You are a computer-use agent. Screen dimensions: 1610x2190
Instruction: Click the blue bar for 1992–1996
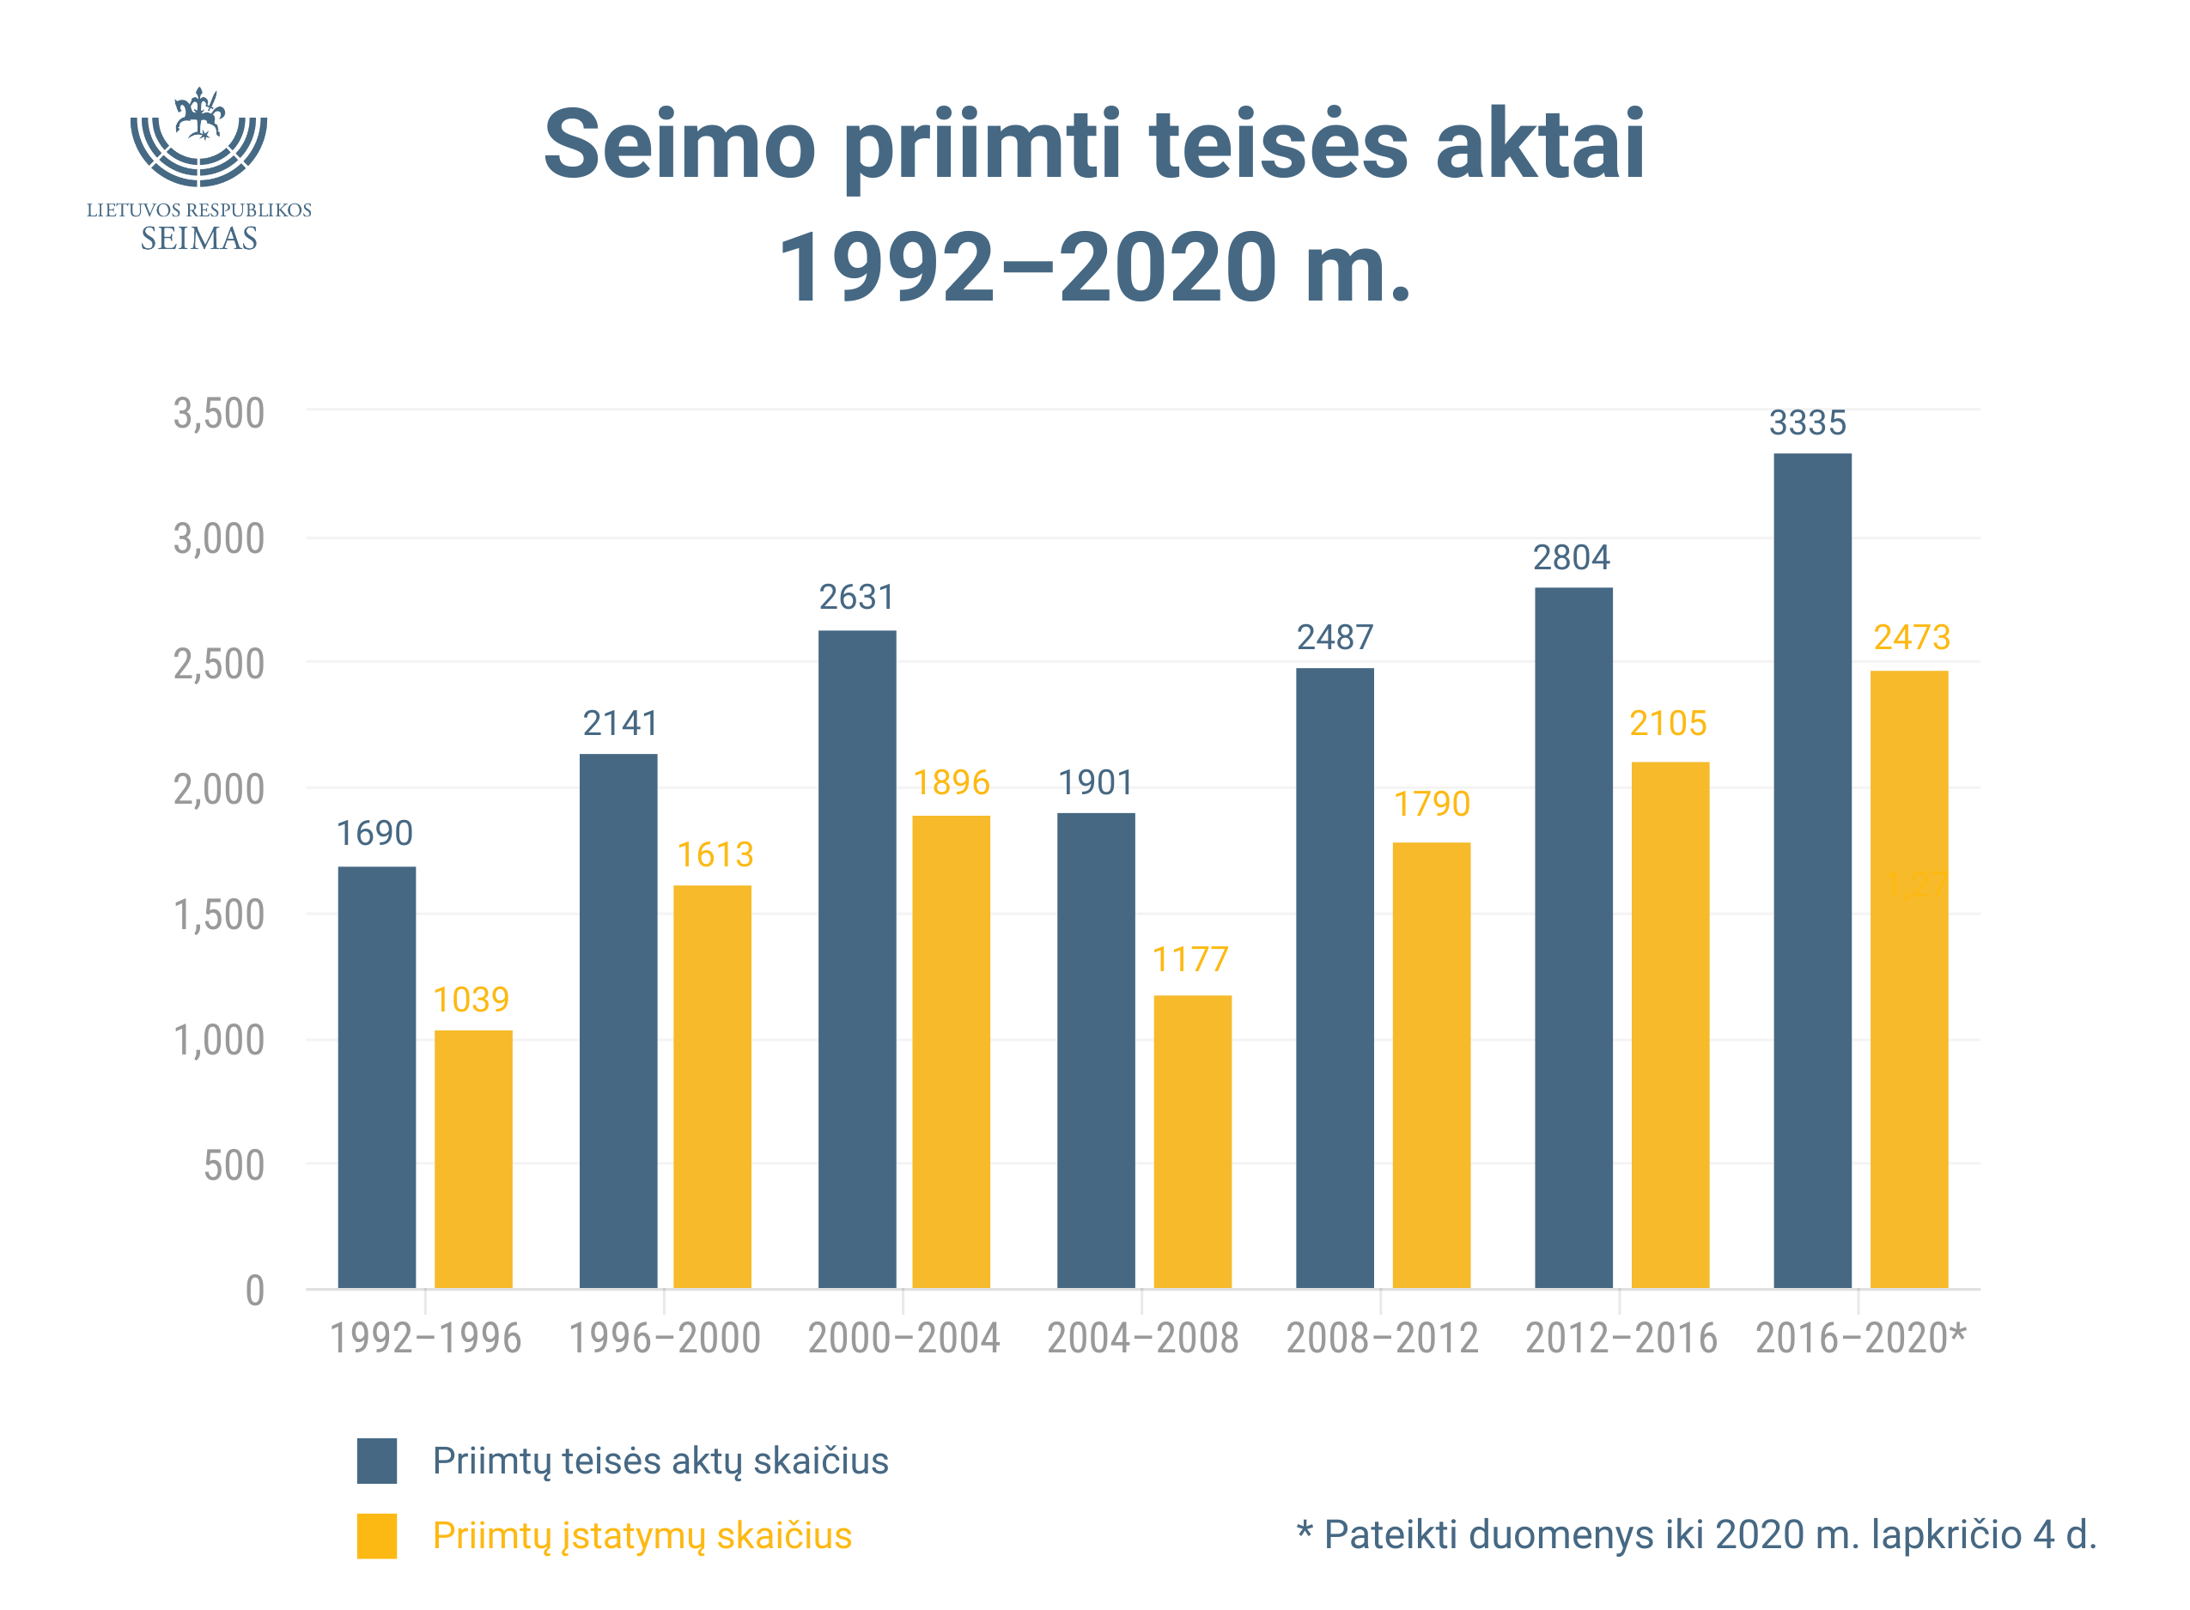click(x=376, y=1077)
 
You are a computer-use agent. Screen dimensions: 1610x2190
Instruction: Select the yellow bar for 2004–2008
click(x=1192, y=1141)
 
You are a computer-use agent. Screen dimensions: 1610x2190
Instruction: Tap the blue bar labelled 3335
click(x=1811, y=871)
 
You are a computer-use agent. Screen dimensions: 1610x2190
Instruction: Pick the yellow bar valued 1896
click(x=950, y=1052)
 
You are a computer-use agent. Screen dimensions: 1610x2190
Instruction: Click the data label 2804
click(x=1571, y=557)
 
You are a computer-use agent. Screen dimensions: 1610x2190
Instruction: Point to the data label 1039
click(x=471, y=999)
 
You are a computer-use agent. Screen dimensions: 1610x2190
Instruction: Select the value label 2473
click(x=1911, y=637)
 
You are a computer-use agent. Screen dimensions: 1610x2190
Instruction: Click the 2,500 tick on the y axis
click(x=218, y=665)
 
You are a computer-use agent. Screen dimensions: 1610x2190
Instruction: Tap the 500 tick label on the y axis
click(x=233, y=1165)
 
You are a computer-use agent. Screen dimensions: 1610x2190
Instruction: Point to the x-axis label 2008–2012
click(x=1382, y=1339)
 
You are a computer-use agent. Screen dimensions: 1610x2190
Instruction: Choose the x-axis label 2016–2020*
click(x=1859, y=1339)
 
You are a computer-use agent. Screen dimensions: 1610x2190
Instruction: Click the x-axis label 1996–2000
click(x=664, y=1339)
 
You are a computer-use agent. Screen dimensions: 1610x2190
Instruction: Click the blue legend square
click(x=376, y=1461)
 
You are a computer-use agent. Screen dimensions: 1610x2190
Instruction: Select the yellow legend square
click(x=376, y=1536)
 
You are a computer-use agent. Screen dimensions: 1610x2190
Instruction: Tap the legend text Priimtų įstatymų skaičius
click(x=642, y=1536)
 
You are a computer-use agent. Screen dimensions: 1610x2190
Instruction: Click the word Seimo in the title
click(x=679, y=145)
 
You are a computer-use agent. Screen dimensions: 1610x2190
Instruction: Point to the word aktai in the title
click(x=1540, y=145)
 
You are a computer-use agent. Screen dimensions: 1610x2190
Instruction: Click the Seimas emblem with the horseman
click(x=199, y=137)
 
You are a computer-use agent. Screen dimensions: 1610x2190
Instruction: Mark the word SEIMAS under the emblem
click(x=199, y=239)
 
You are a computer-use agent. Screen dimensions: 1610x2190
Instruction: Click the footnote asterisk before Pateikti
click(x=1304, y=1528)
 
